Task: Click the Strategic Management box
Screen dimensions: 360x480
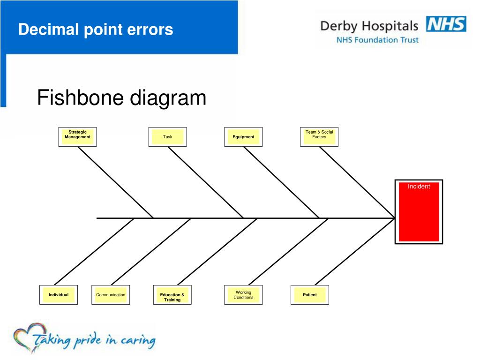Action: tap(77, 136)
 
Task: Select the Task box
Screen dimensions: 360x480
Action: tap(167, 136)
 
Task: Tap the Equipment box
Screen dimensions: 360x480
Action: tap(243, 136)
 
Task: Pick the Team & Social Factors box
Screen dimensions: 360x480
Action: tap(319, 136)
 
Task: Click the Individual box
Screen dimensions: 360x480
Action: tap(59, 294)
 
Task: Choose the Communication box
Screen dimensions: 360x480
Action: tap(111, 294)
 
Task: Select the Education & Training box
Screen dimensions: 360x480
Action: tap(172, 295)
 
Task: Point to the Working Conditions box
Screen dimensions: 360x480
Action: tap(243, 294)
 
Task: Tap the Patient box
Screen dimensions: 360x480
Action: tap(310, 294)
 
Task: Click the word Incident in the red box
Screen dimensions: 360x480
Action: tap(419, 187)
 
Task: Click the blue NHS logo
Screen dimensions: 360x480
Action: tap(446, 24)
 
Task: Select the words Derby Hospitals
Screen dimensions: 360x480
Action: tap(369, 26)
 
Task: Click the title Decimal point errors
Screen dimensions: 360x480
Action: tap(96, 30)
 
